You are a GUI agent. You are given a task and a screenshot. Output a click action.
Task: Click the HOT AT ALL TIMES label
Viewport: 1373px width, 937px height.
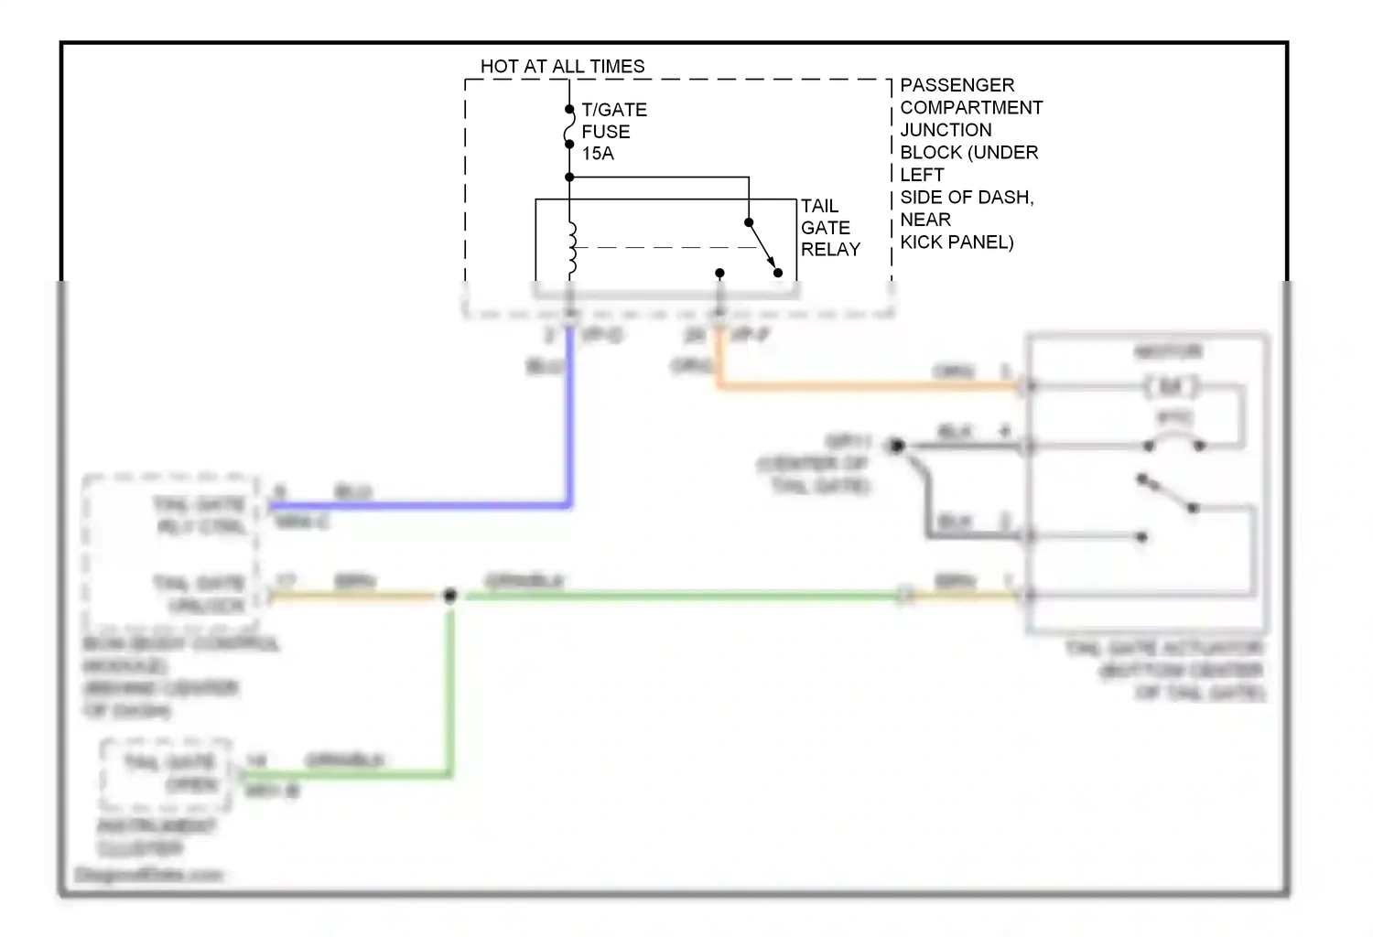tap(562, 67)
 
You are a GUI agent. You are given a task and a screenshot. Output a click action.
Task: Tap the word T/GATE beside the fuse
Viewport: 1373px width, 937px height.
tap(614, 110)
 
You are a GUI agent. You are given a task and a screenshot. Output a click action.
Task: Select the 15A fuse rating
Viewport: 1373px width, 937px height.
tap(598, 154)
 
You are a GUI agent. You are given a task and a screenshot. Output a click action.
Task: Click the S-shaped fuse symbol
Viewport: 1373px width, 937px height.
tap(568, 126)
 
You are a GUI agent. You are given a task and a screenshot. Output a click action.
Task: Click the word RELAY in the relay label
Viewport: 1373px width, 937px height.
tap(830, 249)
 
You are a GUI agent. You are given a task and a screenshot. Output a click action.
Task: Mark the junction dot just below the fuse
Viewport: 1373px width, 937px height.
tap(569, 178)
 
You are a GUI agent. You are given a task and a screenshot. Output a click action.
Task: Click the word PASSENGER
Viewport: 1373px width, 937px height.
tap(957, 85)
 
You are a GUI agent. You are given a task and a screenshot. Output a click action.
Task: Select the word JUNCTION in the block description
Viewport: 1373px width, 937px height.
tap(946, 130)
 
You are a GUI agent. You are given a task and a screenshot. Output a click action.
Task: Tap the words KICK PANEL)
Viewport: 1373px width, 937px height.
tap(957, 242)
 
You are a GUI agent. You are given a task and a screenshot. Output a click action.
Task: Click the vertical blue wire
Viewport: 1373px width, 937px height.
tap(568, 421)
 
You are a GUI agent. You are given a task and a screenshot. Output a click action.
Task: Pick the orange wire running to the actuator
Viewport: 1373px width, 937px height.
tap(870, 386)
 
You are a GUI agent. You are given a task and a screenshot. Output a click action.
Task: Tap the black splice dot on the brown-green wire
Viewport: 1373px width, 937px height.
tap(450, 596)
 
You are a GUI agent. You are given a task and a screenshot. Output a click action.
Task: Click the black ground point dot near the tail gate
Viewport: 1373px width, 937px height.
tap(897, 446)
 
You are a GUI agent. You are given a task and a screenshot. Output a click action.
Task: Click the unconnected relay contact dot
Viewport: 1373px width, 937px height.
tap(719, 273)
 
